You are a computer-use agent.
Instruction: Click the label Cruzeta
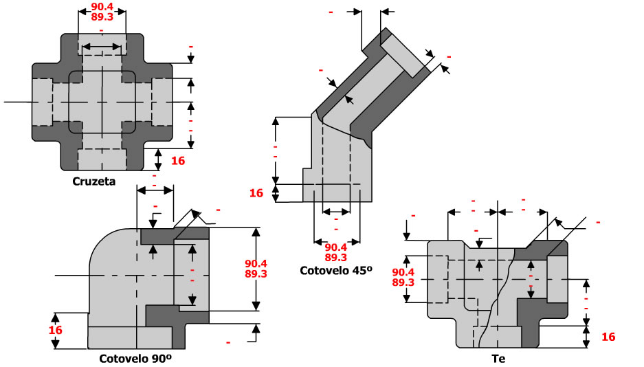93,182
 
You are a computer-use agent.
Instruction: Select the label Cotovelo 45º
335,270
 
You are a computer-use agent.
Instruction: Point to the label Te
498,358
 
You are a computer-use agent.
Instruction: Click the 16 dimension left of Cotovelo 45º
256,193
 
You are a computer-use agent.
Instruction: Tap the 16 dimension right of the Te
608,337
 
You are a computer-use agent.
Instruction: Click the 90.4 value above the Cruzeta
102,9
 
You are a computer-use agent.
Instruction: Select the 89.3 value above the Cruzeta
102,19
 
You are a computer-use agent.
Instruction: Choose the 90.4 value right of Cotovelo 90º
256,263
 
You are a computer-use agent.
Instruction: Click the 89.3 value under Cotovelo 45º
335,258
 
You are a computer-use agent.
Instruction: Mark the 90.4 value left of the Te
403,271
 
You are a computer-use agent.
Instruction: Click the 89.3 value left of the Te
403,282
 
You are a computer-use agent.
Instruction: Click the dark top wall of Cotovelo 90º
175,234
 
